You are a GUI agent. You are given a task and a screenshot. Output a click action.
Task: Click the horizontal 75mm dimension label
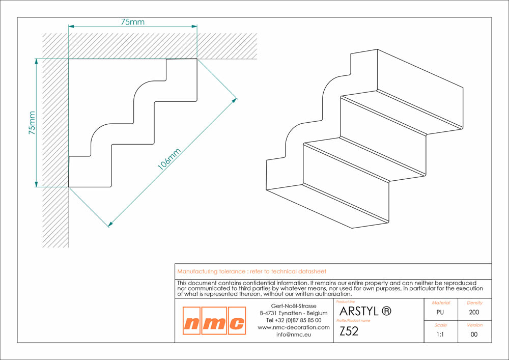133,22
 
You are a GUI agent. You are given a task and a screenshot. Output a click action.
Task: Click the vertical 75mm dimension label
32,123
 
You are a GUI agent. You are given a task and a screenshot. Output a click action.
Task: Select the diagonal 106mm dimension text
169,159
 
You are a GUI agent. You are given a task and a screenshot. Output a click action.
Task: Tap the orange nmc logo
214,321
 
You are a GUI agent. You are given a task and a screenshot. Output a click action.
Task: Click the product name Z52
349,331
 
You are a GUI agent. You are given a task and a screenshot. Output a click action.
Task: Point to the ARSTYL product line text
359,311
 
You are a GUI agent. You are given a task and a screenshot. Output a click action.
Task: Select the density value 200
474,312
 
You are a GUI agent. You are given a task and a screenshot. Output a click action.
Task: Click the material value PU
440,312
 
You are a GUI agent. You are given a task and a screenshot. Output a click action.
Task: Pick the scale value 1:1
440,335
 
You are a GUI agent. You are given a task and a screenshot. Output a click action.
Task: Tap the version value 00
474,335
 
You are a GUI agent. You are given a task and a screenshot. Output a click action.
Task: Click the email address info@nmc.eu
294,335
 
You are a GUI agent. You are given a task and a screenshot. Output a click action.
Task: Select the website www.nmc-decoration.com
294,327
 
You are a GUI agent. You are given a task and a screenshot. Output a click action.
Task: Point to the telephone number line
294,320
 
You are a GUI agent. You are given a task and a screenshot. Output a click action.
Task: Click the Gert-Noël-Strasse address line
294,306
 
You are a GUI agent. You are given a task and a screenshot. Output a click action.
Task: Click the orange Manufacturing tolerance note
251,271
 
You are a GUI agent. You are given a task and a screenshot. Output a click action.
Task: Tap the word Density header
474,303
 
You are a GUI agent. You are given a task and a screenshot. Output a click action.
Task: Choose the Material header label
441,303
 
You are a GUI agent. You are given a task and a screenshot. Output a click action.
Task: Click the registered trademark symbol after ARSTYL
386,311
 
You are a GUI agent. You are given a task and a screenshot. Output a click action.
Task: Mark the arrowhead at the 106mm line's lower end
110,224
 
